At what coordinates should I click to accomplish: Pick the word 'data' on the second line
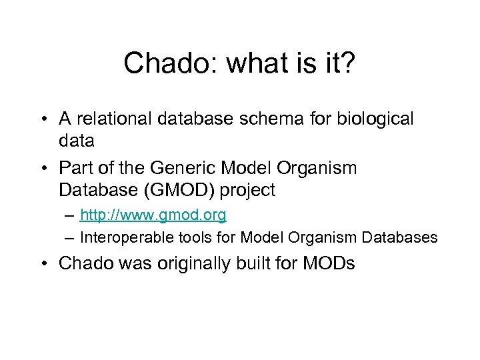(x=76, y=141)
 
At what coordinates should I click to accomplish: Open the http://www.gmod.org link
(x=153, y=215)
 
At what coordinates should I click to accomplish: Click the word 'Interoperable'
(x=121, y=237)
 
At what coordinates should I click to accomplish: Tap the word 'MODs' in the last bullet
(x=331, y=263)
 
